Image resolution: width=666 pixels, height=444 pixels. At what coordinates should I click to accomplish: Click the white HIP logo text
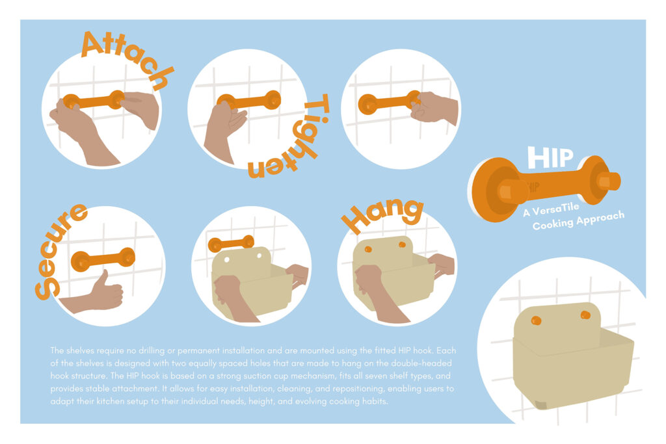click(550, 157)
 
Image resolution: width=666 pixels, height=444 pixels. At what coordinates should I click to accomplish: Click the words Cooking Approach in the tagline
click(578, 220)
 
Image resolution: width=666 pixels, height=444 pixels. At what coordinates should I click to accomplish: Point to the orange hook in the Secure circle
click(103, 259)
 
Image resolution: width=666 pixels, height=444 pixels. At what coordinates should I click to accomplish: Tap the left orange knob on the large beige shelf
click(536, 320)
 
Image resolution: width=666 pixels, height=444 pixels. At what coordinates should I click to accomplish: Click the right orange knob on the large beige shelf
click(585, 315)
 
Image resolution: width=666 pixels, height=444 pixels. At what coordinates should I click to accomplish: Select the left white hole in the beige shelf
click(227, 259)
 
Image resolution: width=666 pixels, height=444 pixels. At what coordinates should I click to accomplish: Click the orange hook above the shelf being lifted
click(231, 244)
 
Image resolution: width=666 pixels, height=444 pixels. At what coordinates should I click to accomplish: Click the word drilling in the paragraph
click(152, 350)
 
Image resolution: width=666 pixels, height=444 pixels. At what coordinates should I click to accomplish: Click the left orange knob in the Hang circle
click(368, 249)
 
